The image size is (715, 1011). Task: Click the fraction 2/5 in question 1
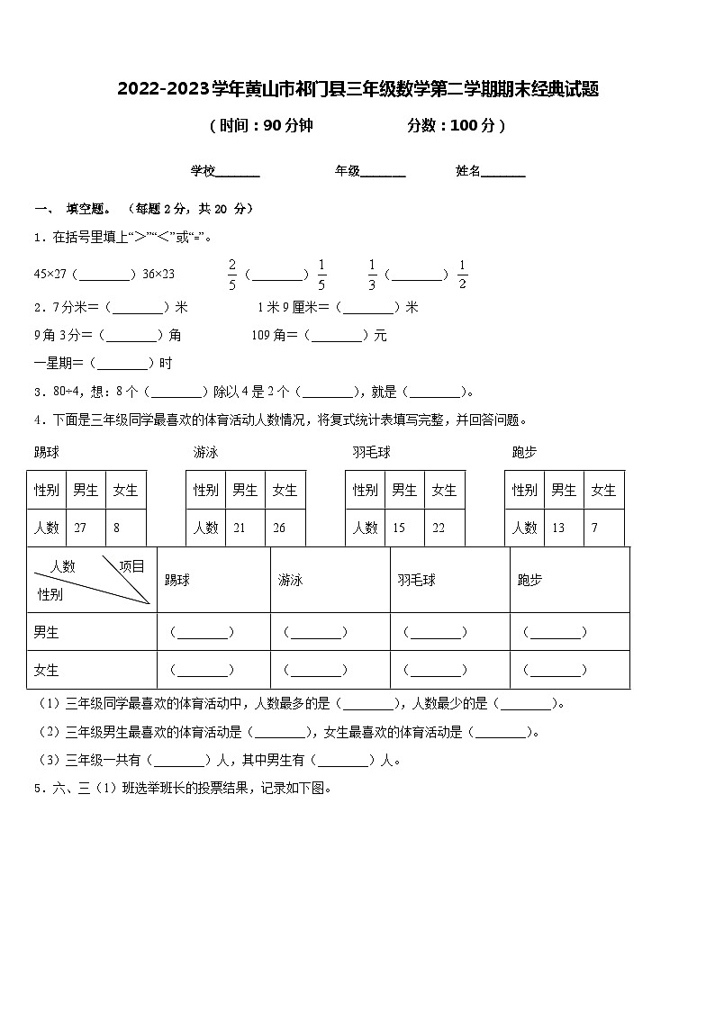pyautogui.click(x=231, y=275)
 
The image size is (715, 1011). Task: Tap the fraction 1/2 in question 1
pyautogui.click(x=463, y=275)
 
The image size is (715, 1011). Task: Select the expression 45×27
pyautogui.click(x=50, y=275)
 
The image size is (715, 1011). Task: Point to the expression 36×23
pyautogui.click(x=158, y=275)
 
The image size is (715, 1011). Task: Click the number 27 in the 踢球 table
pyautogui.click(x=80, y=528)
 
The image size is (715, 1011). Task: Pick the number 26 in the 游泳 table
pyautogui.click(x=278, y=528)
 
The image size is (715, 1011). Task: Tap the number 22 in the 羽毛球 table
pyautogui.click(x=439, y=528)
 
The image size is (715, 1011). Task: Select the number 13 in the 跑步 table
pyautogui.click(x=558, y=528)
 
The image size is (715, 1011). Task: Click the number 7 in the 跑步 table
pyautogui.click(x=594, y=528)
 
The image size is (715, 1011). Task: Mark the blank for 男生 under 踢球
pyautogui.click(x=202, y=633)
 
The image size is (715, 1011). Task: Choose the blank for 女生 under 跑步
pyautogui.click(x=555, y=670)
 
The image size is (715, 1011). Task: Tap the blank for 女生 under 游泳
pyautogui.click(x=315, y=670)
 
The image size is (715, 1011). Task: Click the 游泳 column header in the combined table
pyautogui.click(x=290, y=581)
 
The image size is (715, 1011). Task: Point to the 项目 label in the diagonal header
pyautogui.click(x=131, y=566)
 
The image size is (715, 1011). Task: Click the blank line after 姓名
pyautogui.click(x=503, y=171)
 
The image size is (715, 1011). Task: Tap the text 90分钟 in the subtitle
pyautogui.click(x=287, y=126)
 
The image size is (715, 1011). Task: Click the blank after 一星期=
pyautogui.click(x=123, y=364)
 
